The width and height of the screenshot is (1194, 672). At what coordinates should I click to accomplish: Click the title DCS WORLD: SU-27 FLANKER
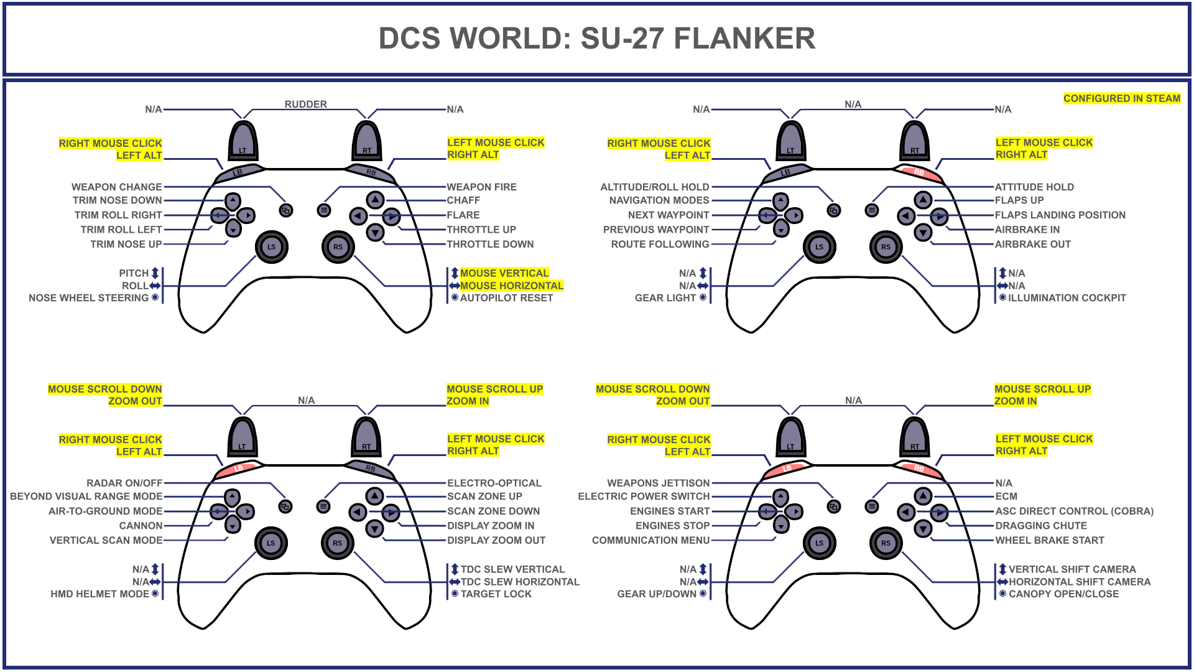(596, 39)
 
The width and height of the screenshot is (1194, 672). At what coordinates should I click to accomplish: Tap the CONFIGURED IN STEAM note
(1121, 98)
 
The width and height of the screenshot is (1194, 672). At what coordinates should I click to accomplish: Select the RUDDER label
(305, 104)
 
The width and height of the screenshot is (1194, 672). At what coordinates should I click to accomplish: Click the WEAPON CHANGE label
(116, 187)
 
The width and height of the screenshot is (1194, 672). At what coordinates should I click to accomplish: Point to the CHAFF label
(463, 200)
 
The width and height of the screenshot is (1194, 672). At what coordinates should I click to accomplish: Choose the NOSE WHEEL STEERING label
(88, 298)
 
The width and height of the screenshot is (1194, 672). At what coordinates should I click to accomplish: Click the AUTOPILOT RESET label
(506, 298)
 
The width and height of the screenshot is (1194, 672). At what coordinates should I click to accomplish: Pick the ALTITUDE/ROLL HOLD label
(654, 187)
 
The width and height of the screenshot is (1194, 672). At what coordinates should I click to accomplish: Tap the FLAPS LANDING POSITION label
(1060, 215)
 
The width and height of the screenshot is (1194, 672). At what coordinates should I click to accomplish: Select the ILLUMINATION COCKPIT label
(1067, 298)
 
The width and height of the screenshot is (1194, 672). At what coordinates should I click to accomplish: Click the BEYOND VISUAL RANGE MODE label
(86, 497)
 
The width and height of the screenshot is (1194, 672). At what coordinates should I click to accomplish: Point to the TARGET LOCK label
(496, 594)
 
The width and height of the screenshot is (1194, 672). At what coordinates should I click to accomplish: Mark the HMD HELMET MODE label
(99, 594)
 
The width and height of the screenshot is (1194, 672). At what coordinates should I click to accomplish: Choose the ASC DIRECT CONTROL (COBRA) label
(1074, 511)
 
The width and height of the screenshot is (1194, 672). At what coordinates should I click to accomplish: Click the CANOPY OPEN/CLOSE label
(1063, 594)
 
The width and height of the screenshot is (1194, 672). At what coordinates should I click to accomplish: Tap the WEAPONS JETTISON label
(658, 483)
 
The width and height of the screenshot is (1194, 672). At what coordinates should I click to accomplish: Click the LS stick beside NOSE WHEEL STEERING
(271, 247)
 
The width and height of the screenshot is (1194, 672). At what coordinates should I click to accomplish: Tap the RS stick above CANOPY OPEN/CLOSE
(886, 543)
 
